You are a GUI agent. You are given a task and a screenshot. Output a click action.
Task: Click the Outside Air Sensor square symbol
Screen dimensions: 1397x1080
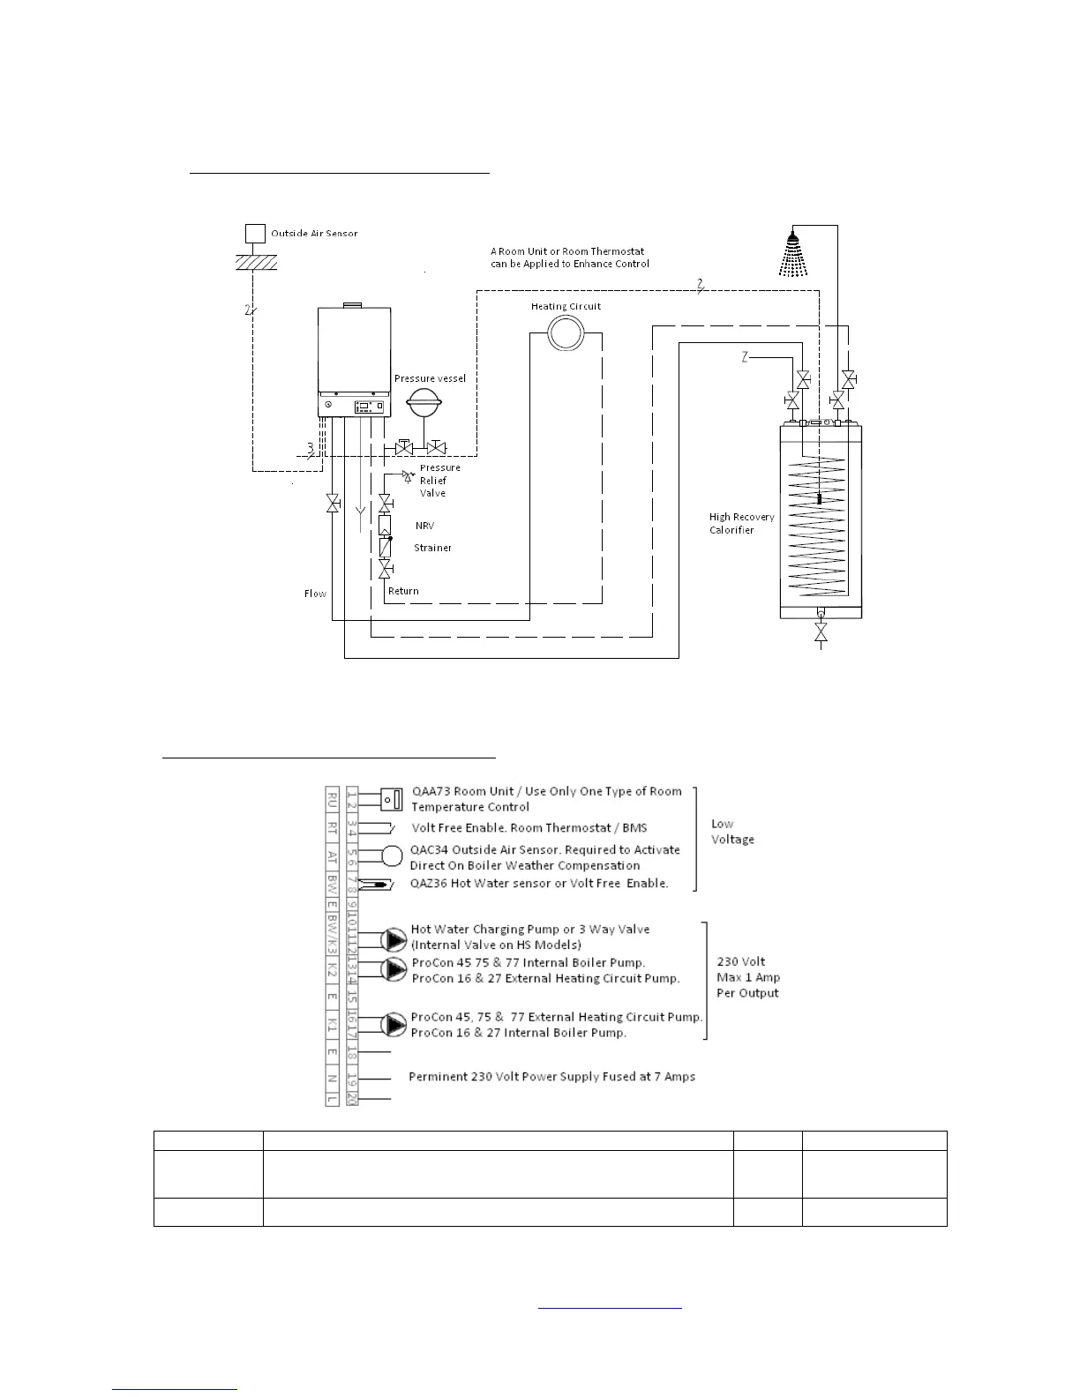(x=254, y=234)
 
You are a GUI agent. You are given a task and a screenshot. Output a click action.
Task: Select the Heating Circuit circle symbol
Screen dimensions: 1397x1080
(x=561, y=333)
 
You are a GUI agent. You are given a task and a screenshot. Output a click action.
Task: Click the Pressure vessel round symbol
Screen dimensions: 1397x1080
(x=424, y=405)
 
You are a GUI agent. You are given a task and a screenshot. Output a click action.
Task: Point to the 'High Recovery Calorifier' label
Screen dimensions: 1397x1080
(x=741, y=524)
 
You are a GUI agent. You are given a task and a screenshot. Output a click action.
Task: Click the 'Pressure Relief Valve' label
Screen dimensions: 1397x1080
(x=439, y=481)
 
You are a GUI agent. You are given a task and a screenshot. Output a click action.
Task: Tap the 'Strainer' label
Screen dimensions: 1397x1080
(x=432, y=548)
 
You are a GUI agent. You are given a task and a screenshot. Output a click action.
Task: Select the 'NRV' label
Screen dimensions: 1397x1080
(x=424, y=526)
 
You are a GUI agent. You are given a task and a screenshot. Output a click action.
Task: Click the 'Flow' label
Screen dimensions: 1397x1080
(x=315, y=594)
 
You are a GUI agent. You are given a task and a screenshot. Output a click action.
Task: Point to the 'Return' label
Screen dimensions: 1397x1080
(x=403, y=591)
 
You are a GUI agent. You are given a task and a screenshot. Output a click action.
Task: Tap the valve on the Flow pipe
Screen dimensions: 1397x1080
(x=333, y=504)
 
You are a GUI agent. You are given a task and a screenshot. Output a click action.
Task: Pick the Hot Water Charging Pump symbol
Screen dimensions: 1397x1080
(x=394, y=938)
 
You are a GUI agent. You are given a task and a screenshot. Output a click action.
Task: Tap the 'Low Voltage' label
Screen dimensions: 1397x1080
(x=732, y=832)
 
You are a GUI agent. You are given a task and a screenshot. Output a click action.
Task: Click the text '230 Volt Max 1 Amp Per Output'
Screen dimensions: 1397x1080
(x=747, y=977)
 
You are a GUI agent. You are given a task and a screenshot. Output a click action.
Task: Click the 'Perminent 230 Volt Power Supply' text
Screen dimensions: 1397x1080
(x=551, y=1077)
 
